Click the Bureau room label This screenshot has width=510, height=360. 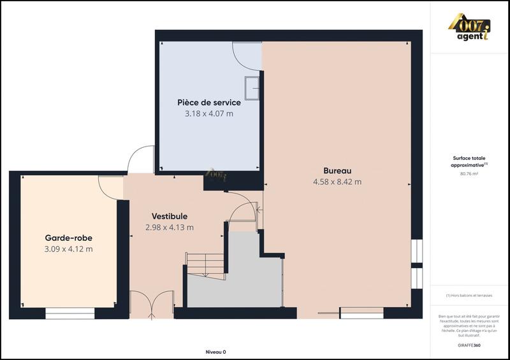[x=337, y=171]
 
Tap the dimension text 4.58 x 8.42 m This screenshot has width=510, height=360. [x=337, y=182]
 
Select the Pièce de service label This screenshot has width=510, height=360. [x=208, y=103]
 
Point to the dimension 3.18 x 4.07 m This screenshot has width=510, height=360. [x=208, y=113]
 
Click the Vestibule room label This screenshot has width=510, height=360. [x=169, y=217]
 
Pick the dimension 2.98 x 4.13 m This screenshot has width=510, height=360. [x=169, y=227]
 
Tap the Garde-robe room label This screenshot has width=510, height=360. [x=68, y=238]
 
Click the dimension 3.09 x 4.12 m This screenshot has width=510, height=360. [x=68, y=248]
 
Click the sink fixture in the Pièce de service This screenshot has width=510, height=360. [x=253, y=87]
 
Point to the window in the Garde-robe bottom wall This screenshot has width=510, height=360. [x=70, y=313]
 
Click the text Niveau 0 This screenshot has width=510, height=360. [x=215, y=352]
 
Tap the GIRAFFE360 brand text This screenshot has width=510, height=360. [x=470, y=344]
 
